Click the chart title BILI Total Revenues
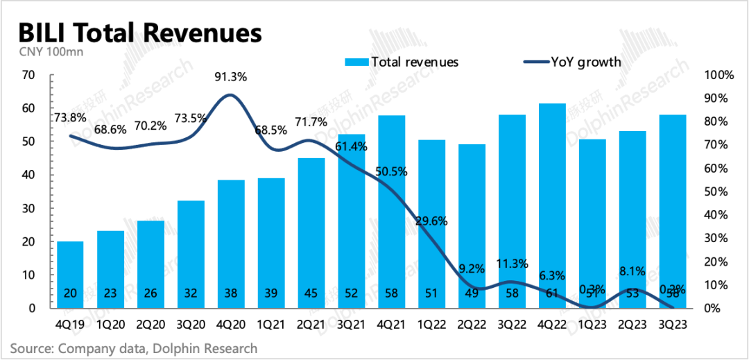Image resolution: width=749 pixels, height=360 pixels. point(139,33)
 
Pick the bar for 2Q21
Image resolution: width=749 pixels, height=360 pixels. point(311,233)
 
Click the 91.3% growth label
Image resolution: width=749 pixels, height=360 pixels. point(230,78)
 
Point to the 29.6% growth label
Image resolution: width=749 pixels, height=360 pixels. point(432,222)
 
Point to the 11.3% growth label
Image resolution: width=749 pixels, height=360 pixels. point(513,264)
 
